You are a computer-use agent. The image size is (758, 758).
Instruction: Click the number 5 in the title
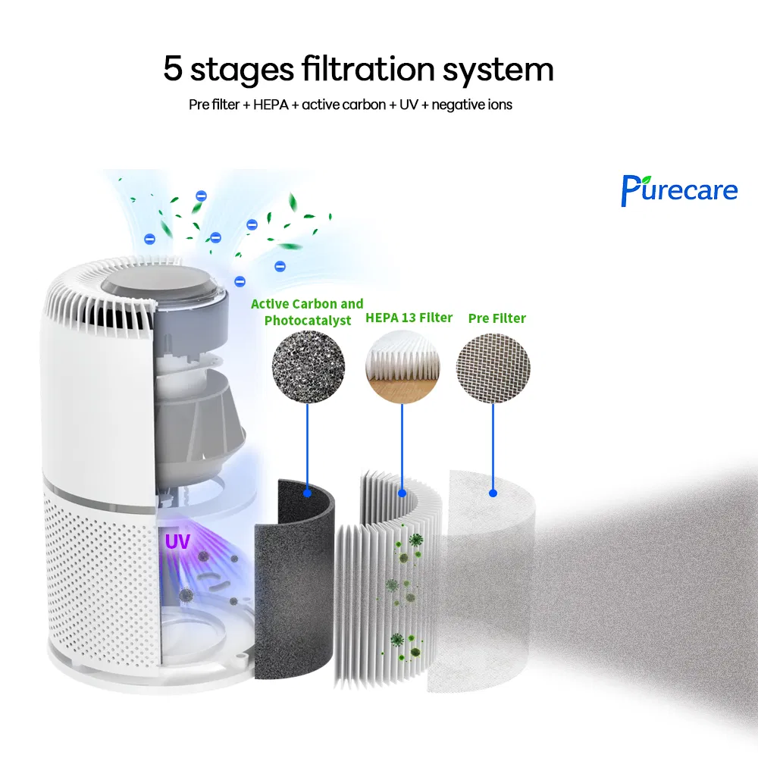pyautogui.click(x=174, y=70)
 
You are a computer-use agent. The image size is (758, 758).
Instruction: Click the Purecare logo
pyautogui.click(x=678, y=189)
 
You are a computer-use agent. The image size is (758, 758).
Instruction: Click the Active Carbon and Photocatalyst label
pyautogui.click(x=307, y=312)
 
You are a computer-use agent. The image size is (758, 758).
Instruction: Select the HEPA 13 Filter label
pyautogui.click(x=409, y=317)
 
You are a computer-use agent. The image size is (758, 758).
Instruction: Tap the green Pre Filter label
pyautogui.click(x=496, y=318)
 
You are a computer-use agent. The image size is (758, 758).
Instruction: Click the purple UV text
pyautogui.click(x=178, y=542)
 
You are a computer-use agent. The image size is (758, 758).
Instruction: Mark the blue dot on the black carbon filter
pyautogui.click(x=307, y=493)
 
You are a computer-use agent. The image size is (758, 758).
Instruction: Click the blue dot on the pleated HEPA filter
pyautogui.click(x=402, y=493)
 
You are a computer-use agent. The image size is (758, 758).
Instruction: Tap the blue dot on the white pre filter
pyautogui.click(x=493, y=493)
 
